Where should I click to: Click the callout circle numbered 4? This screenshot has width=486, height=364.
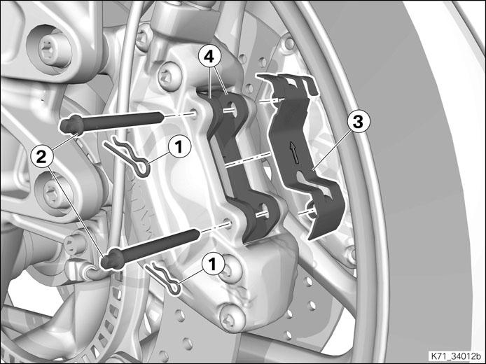pos(210,57)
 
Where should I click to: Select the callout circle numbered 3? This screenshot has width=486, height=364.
pos(358,122)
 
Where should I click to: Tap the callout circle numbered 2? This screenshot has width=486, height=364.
pos(41,157)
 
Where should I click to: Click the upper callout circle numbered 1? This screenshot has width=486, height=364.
pos(179,146)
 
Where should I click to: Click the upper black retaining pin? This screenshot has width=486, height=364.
pos(112,122)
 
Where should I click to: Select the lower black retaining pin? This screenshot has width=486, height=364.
pos(150,248)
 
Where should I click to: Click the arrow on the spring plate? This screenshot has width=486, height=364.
pos(293,152)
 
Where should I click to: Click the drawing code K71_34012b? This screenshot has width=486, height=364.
pos(455,356)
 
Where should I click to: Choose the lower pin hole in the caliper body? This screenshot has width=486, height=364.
pos(228,224)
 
